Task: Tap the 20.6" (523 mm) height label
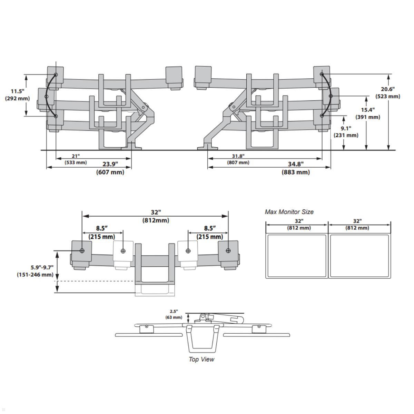coord(388,93)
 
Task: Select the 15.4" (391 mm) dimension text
coord(368,114)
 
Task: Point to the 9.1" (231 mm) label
coord(346,132)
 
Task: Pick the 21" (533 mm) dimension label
coord(76,159)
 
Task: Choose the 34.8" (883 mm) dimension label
coord(296,168)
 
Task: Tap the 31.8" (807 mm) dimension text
coord(238,159)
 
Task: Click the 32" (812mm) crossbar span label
coord(156,216)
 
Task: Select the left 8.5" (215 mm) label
coord(102,232)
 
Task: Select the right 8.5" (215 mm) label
coord(210,232)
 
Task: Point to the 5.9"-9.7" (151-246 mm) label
coord(35,271)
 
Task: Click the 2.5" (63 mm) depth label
coord(174,314)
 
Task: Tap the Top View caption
coord(201,359)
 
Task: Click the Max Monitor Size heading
coord(289,212)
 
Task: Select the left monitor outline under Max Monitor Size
coord(297,256)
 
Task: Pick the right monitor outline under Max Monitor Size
coord(359,256)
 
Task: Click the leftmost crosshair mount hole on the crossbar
coord(82,251)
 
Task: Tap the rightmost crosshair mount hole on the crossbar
coord(228,251)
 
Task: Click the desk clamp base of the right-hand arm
coord(207,147)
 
